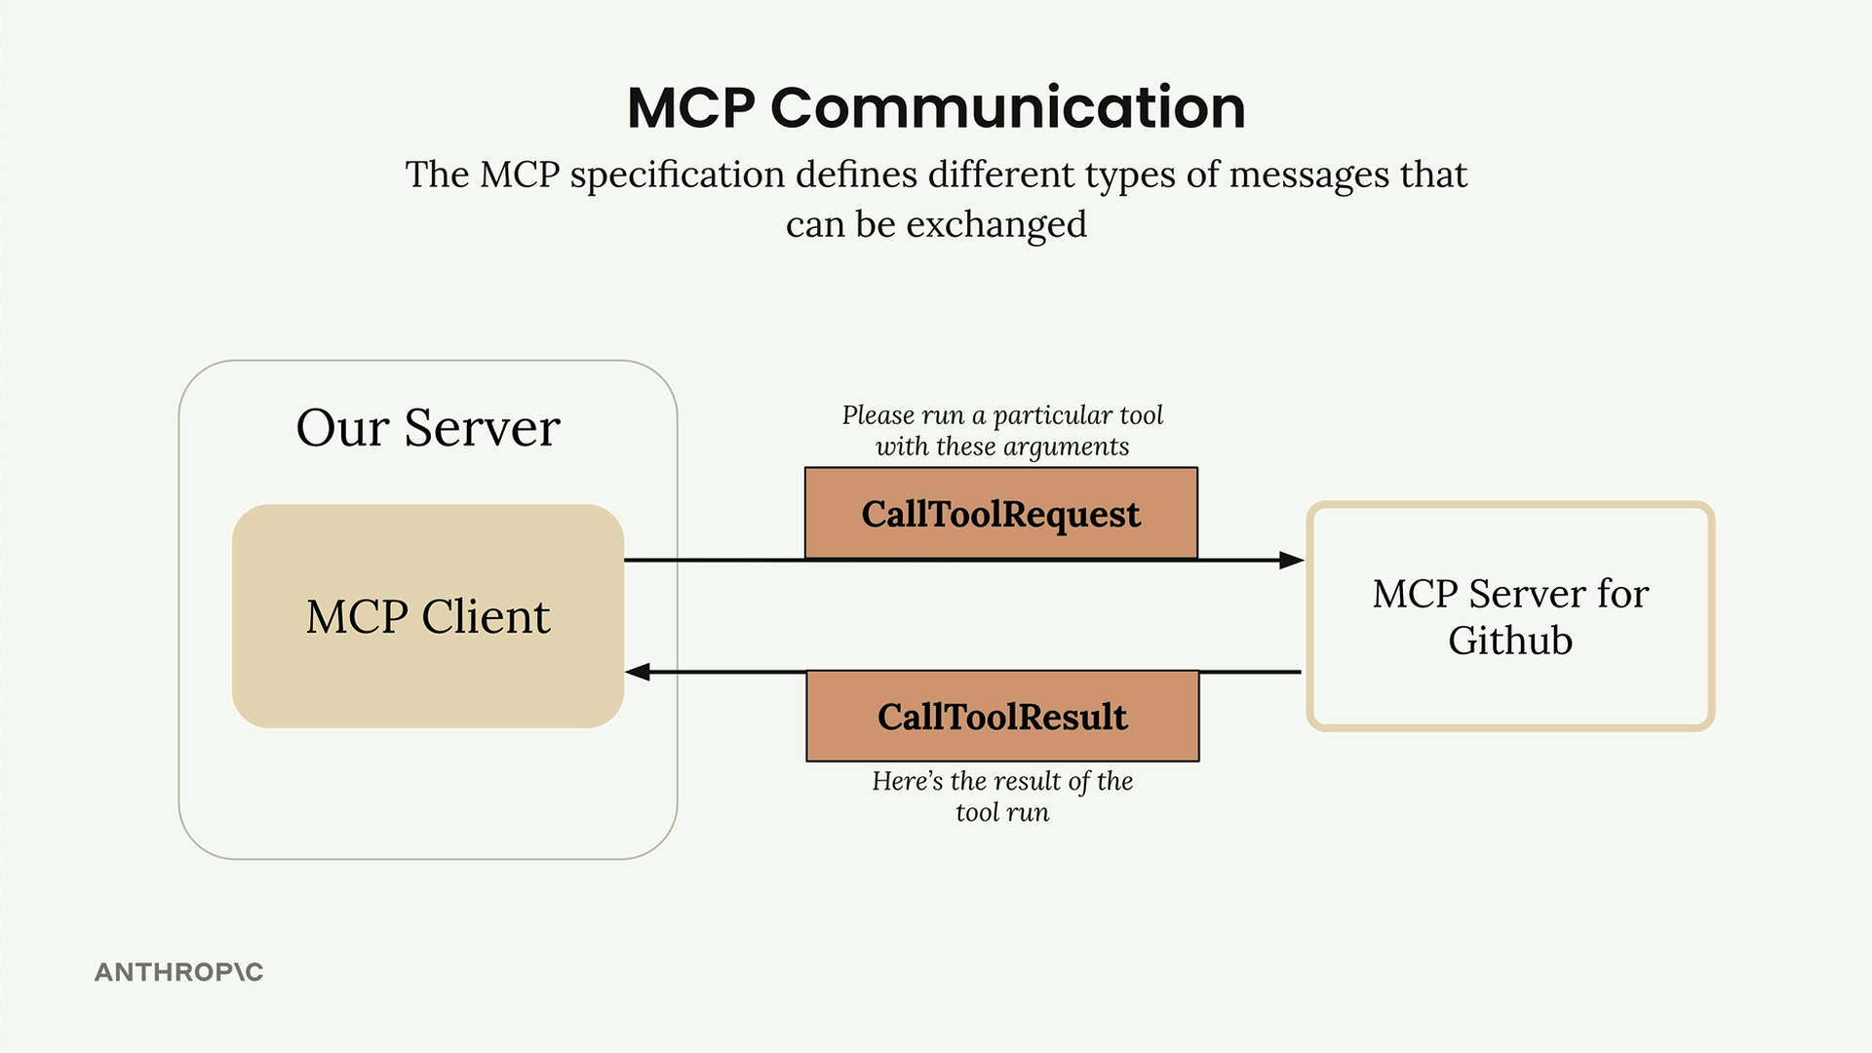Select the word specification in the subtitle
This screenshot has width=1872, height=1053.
pos(678,175)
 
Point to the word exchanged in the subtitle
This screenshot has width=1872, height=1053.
pos(996,225)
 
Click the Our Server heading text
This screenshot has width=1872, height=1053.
pos(428,428)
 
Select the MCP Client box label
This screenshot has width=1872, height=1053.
pos(428,616)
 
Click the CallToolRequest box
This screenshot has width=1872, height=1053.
pos(1000,514)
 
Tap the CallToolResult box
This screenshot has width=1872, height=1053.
pos(1002,717)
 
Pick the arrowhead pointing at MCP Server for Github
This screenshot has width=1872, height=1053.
pos(1291,560)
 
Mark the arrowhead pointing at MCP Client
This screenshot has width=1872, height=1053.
pos(638,672)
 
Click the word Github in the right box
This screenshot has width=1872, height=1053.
pos(1509,641)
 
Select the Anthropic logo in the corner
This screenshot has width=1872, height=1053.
pos(178,972)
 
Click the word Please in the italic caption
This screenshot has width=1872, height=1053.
pos(877,415)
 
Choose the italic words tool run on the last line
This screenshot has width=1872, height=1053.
pos(1002,812)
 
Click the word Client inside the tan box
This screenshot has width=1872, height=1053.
pos(486,616)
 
